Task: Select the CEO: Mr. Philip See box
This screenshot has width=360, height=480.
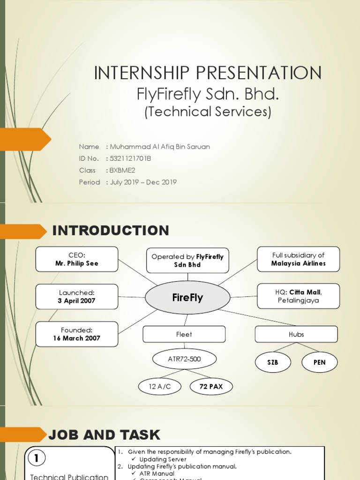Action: tap(77, 259)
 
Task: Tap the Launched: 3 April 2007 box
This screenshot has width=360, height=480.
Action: tap(77, 297)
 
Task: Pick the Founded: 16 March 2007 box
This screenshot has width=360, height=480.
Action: tap(77, 334)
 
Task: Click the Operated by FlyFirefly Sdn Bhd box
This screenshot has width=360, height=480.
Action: tap(187, 261)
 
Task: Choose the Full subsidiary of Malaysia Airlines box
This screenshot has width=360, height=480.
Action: tap(298, 259)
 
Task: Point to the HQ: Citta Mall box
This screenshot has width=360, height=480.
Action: tap(298, 296)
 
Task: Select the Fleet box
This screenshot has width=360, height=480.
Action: tap(184, 334)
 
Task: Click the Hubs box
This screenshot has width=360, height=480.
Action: tap(296, 334)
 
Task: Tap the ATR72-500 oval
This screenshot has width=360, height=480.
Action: tap(185, 360)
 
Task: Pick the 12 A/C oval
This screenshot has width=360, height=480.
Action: tap(159, 387)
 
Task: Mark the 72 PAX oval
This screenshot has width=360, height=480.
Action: tap(211, 387)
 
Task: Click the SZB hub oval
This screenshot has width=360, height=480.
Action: tap(273, 362)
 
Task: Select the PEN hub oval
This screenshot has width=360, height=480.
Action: tap(319, 362)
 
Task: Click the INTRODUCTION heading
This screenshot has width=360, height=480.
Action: tap(111, 231)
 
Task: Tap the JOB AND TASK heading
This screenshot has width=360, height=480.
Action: tap(104, 435)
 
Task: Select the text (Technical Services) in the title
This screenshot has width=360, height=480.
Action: tap(208, 112)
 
